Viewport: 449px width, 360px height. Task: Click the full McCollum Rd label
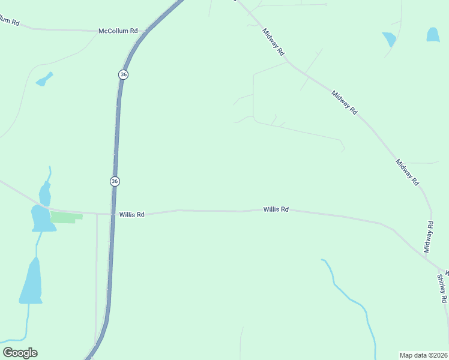pos(118,31)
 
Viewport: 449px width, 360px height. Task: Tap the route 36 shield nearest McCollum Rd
pos(123,74)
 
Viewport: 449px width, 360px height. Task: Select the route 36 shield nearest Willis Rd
pos(115,181)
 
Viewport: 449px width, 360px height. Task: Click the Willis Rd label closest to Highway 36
pos(131,214)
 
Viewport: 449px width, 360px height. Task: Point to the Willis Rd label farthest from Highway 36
pos(276,209)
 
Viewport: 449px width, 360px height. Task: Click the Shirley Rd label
pos(442,289)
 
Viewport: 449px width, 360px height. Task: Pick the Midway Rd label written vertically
pos(429,237)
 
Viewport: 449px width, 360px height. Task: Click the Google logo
pos(20,353)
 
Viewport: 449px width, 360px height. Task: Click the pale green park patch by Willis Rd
pos(65,217)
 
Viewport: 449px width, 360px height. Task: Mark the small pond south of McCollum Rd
pos(44,79)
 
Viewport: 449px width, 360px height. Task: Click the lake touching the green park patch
pos(42,218)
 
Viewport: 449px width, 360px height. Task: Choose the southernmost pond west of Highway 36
pos(31,282)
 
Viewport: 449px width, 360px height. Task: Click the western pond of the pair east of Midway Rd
pos(390,39)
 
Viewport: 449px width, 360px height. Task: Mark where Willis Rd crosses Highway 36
pos(113,214)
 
